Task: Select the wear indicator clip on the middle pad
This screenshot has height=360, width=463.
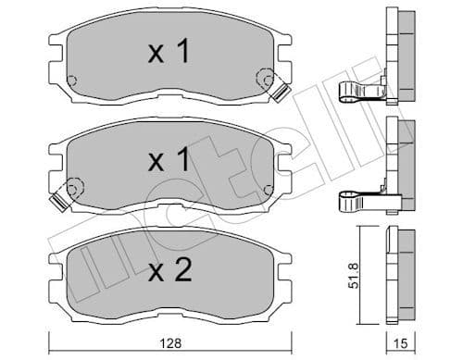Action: point(61,194)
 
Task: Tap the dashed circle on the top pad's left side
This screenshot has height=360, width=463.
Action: point(72,80)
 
